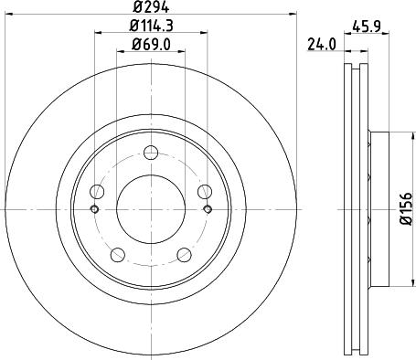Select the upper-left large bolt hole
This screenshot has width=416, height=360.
click(x=98, y=191)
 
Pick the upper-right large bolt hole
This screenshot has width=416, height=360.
click(x=206, y=191)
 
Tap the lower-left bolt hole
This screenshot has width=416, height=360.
click(x=118, y=254)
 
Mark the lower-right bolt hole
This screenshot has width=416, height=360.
click(x=185, y=254)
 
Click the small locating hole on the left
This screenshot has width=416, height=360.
click(x=94, y=209)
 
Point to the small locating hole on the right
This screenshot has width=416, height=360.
click(x=209, y=209)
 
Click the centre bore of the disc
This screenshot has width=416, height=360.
click(x=152, y=209)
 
